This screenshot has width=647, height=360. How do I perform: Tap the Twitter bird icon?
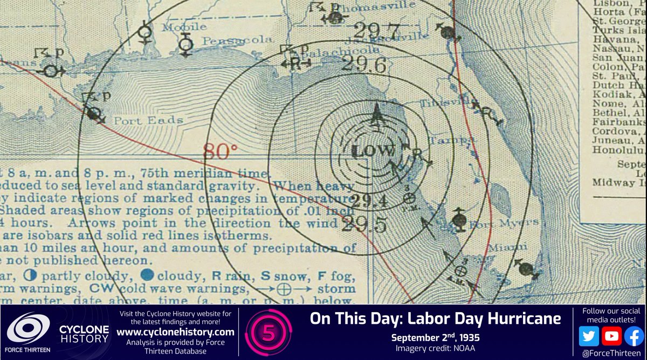click(x=589, y=335)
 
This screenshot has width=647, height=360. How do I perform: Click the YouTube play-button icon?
click(x=611, y=335)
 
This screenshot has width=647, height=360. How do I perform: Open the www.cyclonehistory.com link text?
click(x=176, y=331)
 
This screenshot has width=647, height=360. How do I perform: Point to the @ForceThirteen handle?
click(x=610, y=352)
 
